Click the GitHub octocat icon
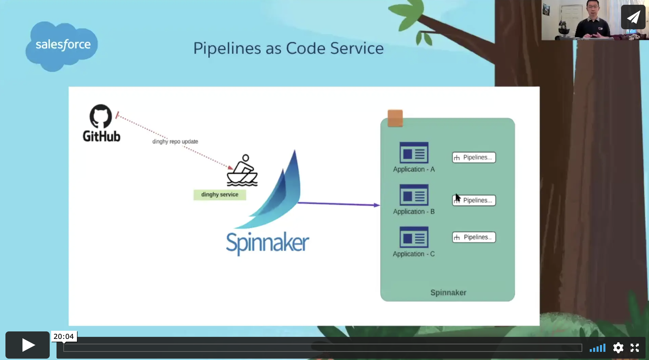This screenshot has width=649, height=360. point(101,116)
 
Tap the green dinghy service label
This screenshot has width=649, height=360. point(220,195)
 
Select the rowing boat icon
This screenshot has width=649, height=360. point(242,170)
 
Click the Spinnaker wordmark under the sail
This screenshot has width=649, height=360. point(268,243)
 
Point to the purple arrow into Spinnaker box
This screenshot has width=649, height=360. point(339,204)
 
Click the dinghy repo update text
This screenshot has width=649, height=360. point(175,142)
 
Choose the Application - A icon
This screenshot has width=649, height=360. point(414,153)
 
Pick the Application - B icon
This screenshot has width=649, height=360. point(414,195)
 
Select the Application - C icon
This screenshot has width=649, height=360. point(414,237)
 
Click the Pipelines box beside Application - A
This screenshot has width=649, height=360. point(474,158)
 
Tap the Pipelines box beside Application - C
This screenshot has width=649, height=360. point(474,237)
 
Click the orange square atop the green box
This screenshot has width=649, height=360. point(395,118)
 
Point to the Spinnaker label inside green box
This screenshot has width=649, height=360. point(448,293)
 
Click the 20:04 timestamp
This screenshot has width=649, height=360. point(64,337)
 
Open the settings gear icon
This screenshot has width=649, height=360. point(618,348)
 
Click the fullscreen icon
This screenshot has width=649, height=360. point(635,348)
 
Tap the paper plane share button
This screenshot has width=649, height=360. point(633,17)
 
